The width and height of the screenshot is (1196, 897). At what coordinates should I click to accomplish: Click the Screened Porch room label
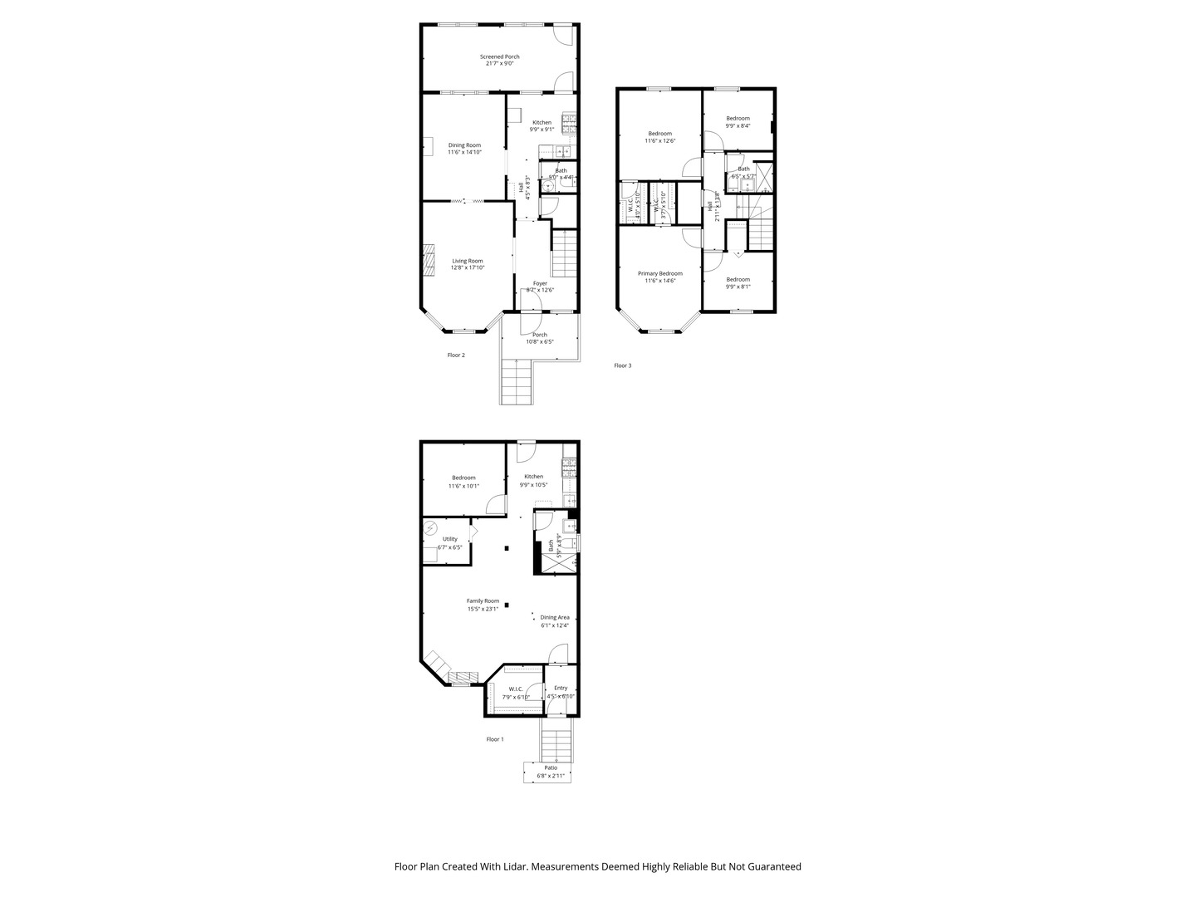(x=499, y=56)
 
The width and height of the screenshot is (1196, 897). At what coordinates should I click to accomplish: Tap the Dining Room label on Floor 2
(x=464, y=145)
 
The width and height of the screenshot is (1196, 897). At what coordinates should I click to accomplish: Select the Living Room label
(x=467, y=261)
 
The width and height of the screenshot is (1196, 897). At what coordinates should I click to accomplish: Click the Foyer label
(x=540, y=283)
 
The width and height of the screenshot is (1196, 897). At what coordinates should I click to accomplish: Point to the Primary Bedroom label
(x=659, y=273)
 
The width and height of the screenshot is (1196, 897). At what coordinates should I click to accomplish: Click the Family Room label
(x=483, y=600)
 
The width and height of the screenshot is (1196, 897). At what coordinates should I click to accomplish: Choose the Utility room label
(x=449, y=539)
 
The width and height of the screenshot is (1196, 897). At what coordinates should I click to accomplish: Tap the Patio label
(x=551, y=767)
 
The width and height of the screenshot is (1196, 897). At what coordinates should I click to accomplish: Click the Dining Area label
(x=554, y=617)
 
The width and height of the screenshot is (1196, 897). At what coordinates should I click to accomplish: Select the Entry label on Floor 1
(x=561, y=688)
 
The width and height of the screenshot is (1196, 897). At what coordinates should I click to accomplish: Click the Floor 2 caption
(x=456, y=355)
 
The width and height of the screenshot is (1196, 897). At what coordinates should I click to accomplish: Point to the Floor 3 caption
(x=622, y=365)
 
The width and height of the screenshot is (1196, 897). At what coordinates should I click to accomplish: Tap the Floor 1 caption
(x=494, y=738)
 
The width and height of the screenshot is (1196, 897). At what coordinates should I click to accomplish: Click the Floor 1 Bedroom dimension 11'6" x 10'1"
(x=463, y=486)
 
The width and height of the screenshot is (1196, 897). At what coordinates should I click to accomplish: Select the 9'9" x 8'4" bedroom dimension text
(x=738, y=126)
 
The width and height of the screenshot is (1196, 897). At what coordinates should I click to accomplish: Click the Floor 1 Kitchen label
(x=533, y=477)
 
